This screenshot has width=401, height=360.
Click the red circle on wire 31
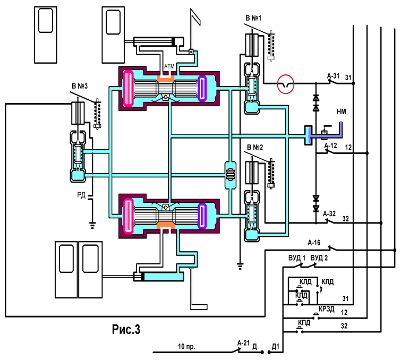click(x=286, y=76)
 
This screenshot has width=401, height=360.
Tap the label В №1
click(x=253, y=18)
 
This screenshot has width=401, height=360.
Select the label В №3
click(x=80, y=86)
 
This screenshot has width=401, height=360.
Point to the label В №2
click(x=255, y=147)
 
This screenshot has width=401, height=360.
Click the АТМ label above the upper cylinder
click(x=169, y=66)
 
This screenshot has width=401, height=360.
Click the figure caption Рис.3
click(x=126, y=329)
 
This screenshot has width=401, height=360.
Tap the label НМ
click(x=341, y=112)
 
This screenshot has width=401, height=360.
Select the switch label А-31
click(x=333, y=76)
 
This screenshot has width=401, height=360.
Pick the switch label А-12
click(x=330, y=145)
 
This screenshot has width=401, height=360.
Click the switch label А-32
click(x=329, y=214)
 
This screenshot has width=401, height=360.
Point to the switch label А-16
click(x=314, y=242)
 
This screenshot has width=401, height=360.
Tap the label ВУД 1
click(x=297, y=258)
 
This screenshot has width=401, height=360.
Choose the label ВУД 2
click(x=319, y=258)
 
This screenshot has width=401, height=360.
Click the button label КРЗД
click(x=327, y=309)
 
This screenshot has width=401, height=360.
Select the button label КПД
click(x=304, y=323)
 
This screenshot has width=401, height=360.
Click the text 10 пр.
click(x=186, y=346)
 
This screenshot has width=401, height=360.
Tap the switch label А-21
click(x=243, y=343)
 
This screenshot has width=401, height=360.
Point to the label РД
click(x=81, y=195)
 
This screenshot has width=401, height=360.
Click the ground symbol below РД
click(x=92, y=226)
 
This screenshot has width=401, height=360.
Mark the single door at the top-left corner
click(x=46, y=35)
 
